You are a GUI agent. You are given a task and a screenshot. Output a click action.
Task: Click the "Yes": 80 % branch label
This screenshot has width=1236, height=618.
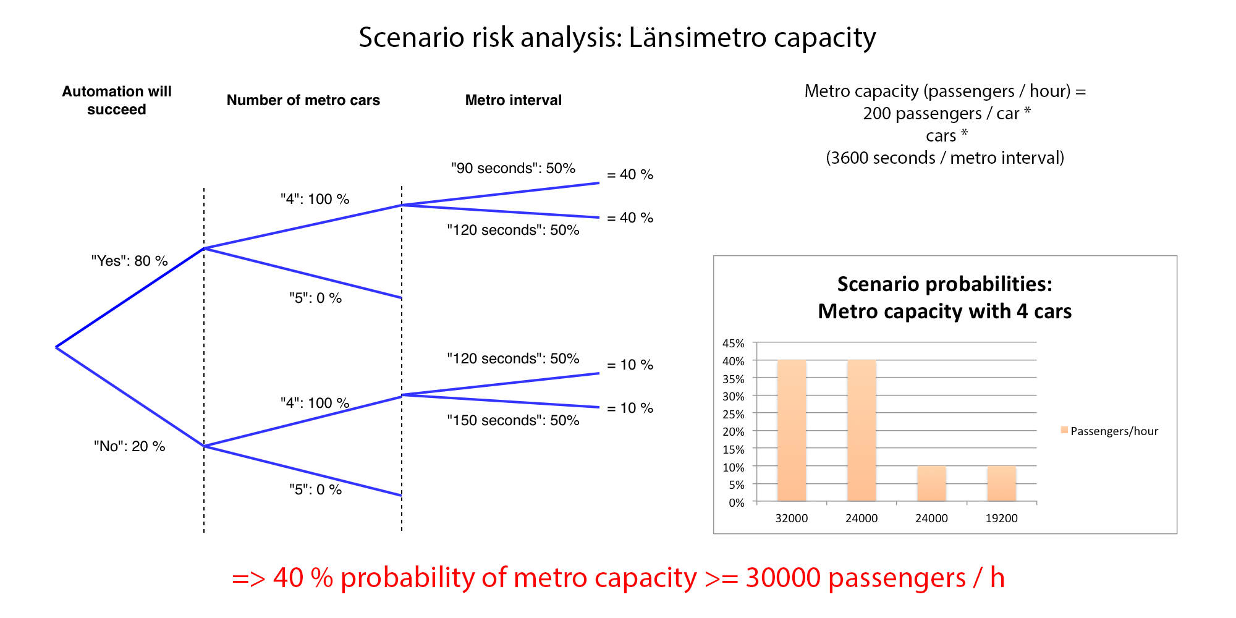pyautogui.click(x=129, y=261)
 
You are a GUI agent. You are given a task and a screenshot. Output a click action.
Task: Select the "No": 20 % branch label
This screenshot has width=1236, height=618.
pyautogui.click(x=129, y=446)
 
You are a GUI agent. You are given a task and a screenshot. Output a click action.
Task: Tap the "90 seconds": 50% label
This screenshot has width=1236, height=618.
pyautogui.click(x=513, y=168)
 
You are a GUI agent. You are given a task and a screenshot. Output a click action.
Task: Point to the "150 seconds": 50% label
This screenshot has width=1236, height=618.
pyautogui.click(x=513, y=420)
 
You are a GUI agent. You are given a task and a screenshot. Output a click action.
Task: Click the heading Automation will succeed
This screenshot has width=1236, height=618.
pyautogui.click(x=117, y=100)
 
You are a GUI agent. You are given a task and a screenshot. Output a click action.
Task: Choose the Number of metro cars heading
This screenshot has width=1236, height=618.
pyautogui.click(x=303, y=100)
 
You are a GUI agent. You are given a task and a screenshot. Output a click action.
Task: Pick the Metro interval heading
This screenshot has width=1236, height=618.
pyautogui.click(x=513, y=100)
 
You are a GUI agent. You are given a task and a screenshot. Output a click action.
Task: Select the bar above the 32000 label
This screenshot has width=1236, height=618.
pyautogui.click(x=792, y=430)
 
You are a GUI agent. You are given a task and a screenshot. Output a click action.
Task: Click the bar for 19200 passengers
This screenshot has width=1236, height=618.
pyautogui.click(x=1001, y=483)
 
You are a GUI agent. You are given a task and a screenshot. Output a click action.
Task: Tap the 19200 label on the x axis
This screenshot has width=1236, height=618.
pyautogui.click(x=1001, y=518)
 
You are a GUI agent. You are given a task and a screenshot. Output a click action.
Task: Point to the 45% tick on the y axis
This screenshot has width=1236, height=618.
pyautogui.click(x=734, y=343)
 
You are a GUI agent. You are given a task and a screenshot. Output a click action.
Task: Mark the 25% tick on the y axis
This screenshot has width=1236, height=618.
pyautogui.click(x=734, y=414)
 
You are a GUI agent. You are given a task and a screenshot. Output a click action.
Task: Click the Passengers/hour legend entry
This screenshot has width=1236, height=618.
pyautogui.click(x=1110, y=431)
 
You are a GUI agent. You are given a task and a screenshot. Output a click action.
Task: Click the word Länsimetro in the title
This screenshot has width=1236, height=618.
pyautogui.click(x=697, y=37)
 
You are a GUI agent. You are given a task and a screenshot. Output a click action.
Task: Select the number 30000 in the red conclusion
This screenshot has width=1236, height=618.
pyautogui.click(x=783, y=578)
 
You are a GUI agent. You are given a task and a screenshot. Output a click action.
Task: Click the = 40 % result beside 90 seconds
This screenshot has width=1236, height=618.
pyautogui.click(x=630, y=174)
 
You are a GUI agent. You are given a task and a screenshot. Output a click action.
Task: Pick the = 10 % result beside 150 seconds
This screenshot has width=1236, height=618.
pyautogui.click(x=630, y=408)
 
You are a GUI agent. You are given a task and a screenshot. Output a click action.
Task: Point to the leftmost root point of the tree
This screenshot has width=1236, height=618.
pyautogui.click(x=56, y=347)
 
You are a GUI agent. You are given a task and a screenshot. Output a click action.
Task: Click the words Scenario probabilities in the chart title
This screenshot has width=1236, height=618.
pyautogui.click(x=944, y=284)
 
